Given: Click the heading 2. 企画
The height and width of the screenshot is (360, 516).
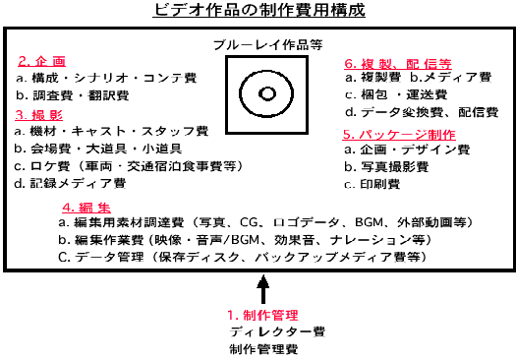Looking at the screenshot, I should [x=45, y=61].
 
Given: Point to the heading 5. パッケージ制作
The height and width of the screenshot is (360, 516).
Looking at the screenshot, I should [x=398, y=134].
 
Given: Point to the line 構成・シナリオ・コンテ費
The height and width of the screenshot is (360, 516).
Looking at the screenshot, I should [x=108, y=79].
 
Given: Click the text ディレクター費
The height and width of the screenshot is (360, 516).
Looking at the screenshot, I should [x=264, y=331].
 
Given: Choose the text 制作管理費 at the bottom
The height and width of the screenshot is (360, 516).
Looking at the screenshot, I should [x=258, y=349].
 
